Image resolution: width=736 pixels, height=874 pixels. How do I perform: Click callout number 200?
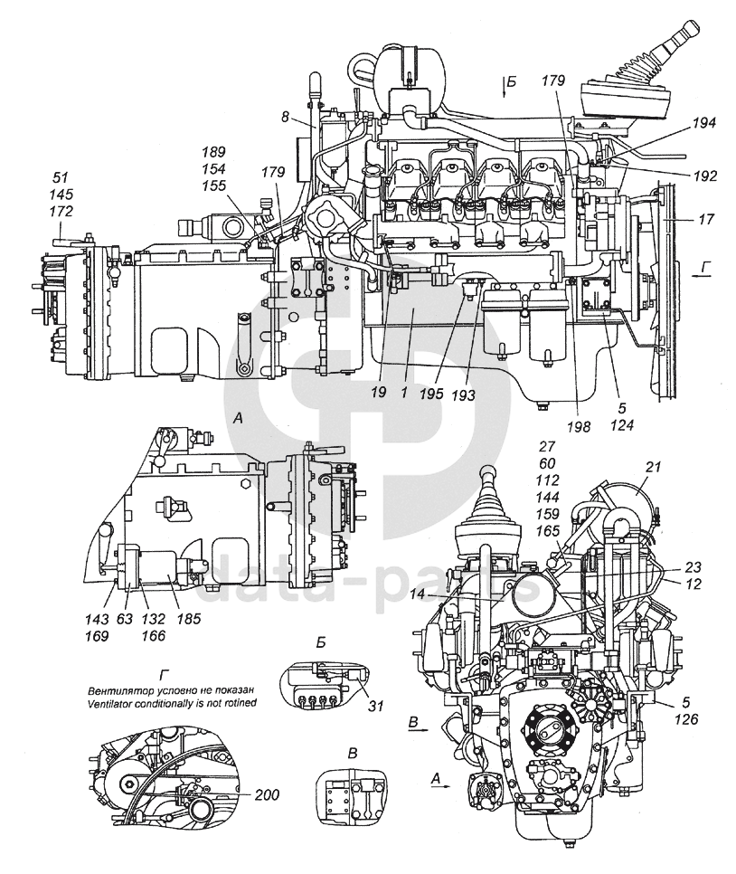[x=267, y=793]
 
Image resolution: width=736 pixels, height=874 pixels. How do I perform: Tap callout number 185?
[x=188, y=619]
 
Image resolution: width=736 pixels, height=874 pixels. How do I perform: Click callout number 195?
[x=432, y=394]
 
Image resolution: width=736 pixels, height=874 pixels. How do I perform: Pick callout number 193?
[x=463, y=395]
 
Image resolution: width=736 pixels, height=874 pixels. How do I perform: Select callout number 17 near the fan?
[x=705, y=219]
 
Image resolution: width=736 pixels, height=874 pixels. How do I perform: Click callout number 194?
[x=704, y=123]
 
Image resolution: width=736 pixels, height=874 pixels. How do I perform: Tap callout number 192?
[x=704, y=176]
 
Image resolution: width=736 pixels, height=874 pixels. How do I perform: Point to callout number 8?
[x=285, y=117]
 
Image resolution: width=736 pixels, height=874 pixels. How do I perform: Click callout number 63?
[x=126, y=619]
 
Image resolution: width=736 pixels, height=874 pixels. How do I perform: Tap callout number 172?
[x=61, y=211]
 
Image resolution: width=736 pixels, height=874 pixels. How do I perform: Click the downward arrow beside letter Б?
[x=504, y=88]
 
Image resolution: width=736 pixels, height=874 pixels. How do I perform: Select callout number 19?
[x=378, y=393]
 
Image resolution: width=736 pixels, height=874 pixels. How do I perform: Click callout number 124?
[x=622, y=425]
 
